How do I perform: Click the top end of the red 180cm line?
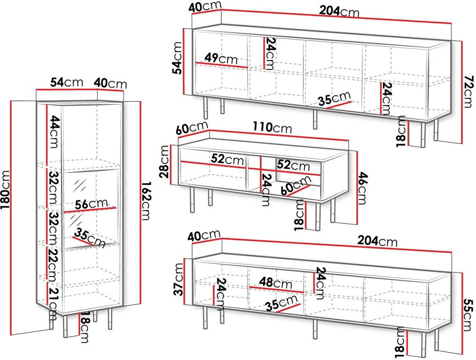click(x=12, y=101)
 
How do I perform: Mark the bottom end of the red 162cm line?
click(x=140, y=303)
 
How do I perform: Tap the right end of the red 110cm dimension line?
click(x=348, y=140)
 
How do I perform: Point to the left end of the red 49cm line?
click(x=196, y=63)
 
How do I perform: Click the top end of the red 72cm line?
click(x=462, y=42)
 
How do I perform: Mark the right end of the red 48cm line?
click(x=303, y=292)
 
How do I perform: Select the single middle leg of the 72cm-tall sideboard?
click(x=315, y=119)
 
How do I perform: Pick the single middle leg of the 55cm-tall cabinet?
click(x=315, y=329)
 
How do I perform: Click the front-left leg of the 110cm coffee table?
click(x=192, y=200)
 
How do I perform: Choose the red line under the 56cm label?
click(x=90, y=209)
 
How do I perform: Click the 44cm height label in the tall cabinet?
click(x=53, y=131)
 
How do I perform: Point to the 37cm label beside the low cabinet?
click(x=178, y=279)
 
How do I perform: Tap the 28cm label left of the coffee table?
click(x=164, y=161)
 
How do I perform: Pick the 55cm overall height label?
click(x=469, y=315)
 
